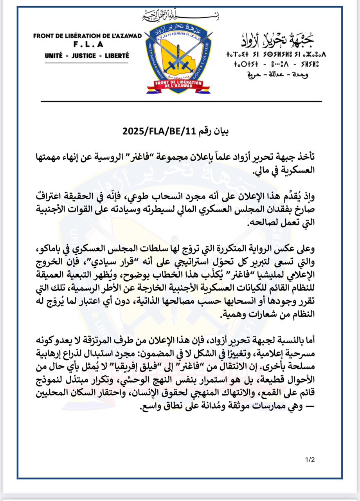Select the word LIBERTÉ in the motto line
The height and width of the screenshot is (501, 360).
click(115, 56)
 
